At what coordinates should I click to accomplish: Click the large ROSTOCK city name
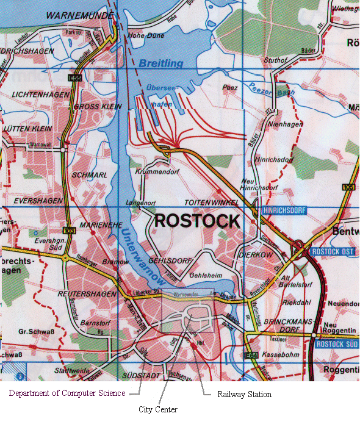click(197, 221)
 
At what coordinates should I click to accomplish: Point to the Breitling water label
click(160, 63)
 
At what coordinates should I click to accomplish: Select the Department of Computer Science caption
click(67, 393)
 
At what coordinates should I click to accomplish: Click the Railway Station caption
click(244, 395)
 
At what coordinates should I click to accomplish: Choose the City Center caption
click(157, 409)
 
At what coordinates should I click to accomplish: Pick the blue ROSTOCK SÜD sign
click(336, 343)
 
